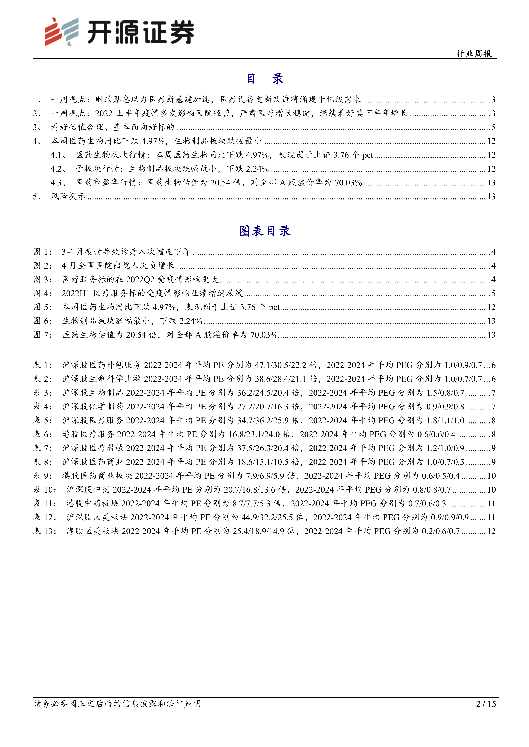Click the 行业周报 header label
click(474, 54)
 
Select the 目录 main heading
click(264, 79)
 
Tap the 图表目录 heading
click(264, 231)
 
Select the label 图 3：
click(43, 279)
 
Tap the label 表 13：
click(45, 531)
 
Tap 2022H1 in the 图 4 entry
click(75, 293)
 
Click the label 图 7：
click(43, 335)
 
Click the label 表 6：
click(43, 434)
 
